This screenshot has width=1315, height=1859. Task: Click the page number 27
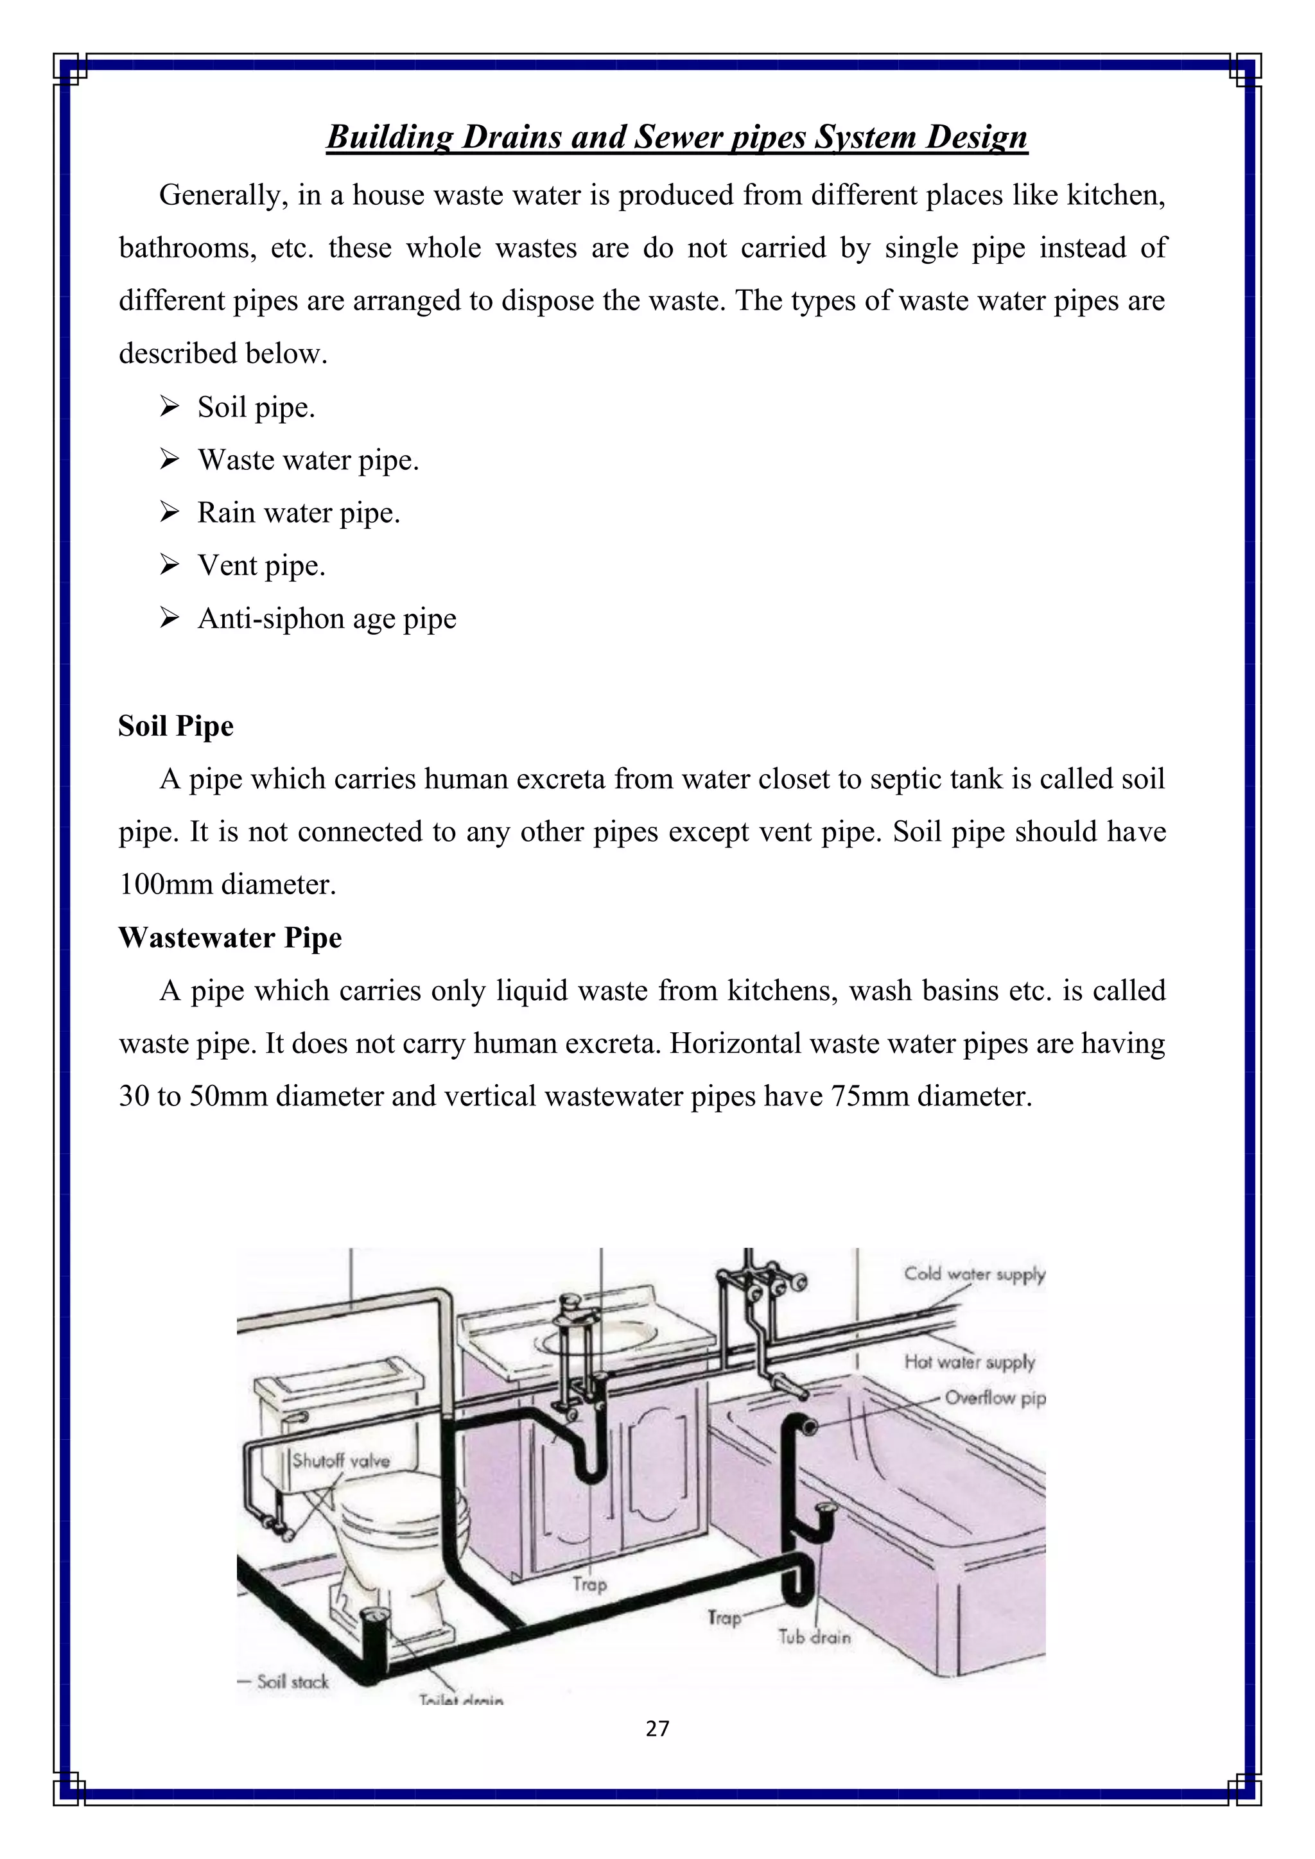(657, 1729)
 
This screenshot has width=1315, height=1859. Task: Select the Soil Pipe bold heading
(176, 725)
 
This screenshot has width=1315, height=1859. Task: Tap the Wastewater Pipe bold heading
(230, 938)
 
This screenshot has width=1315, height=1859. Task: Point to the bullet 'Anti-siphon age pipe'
(326, 619)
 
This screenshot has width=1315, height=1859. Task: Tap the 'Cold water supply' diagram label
(974, 1274)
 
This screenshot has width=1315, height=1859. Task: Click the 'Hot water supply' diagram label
(970, 1362)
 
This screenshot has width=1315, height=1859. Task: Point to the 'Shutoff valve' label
(340, 1460)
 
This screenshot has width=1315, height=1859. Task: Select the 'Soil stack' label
(292, 1682)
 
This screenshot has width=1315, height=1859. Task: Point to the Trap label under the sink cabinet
(589, 1584)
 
